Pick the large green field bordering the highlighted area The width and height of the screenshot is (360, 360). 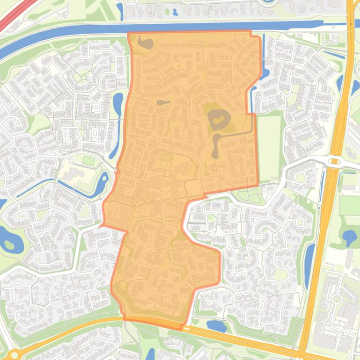[x=270, y=147]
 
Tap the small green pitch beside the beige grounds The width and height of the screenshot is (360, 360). [x=88, y=161]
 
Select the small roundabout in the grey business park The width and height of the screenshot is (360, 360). [x=336, y=298]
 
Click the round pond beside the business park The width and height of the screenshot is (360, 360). [x=349, y=237]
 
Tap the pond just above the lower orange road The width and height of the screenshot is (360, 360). [x=216, y=326]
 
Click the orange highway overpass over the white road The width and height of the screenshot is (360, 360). [x=334, y=162]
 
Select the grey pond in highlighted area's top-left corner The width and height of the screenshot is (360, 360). [x=145, y=43]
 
